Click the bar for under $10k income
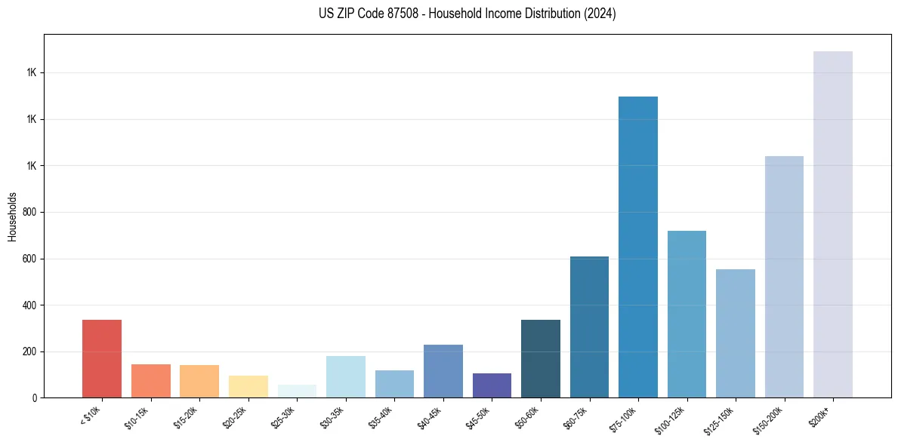coord(102,359)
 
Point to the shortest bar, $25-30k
coord(297,391)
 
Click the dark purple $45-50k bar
coord(492,385)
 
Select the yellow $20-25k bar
coord(248,386)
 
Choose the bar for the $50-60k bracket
coord(541,359)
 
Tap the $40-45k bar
coord(443,371)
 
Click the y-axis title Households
coord(13,216)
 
